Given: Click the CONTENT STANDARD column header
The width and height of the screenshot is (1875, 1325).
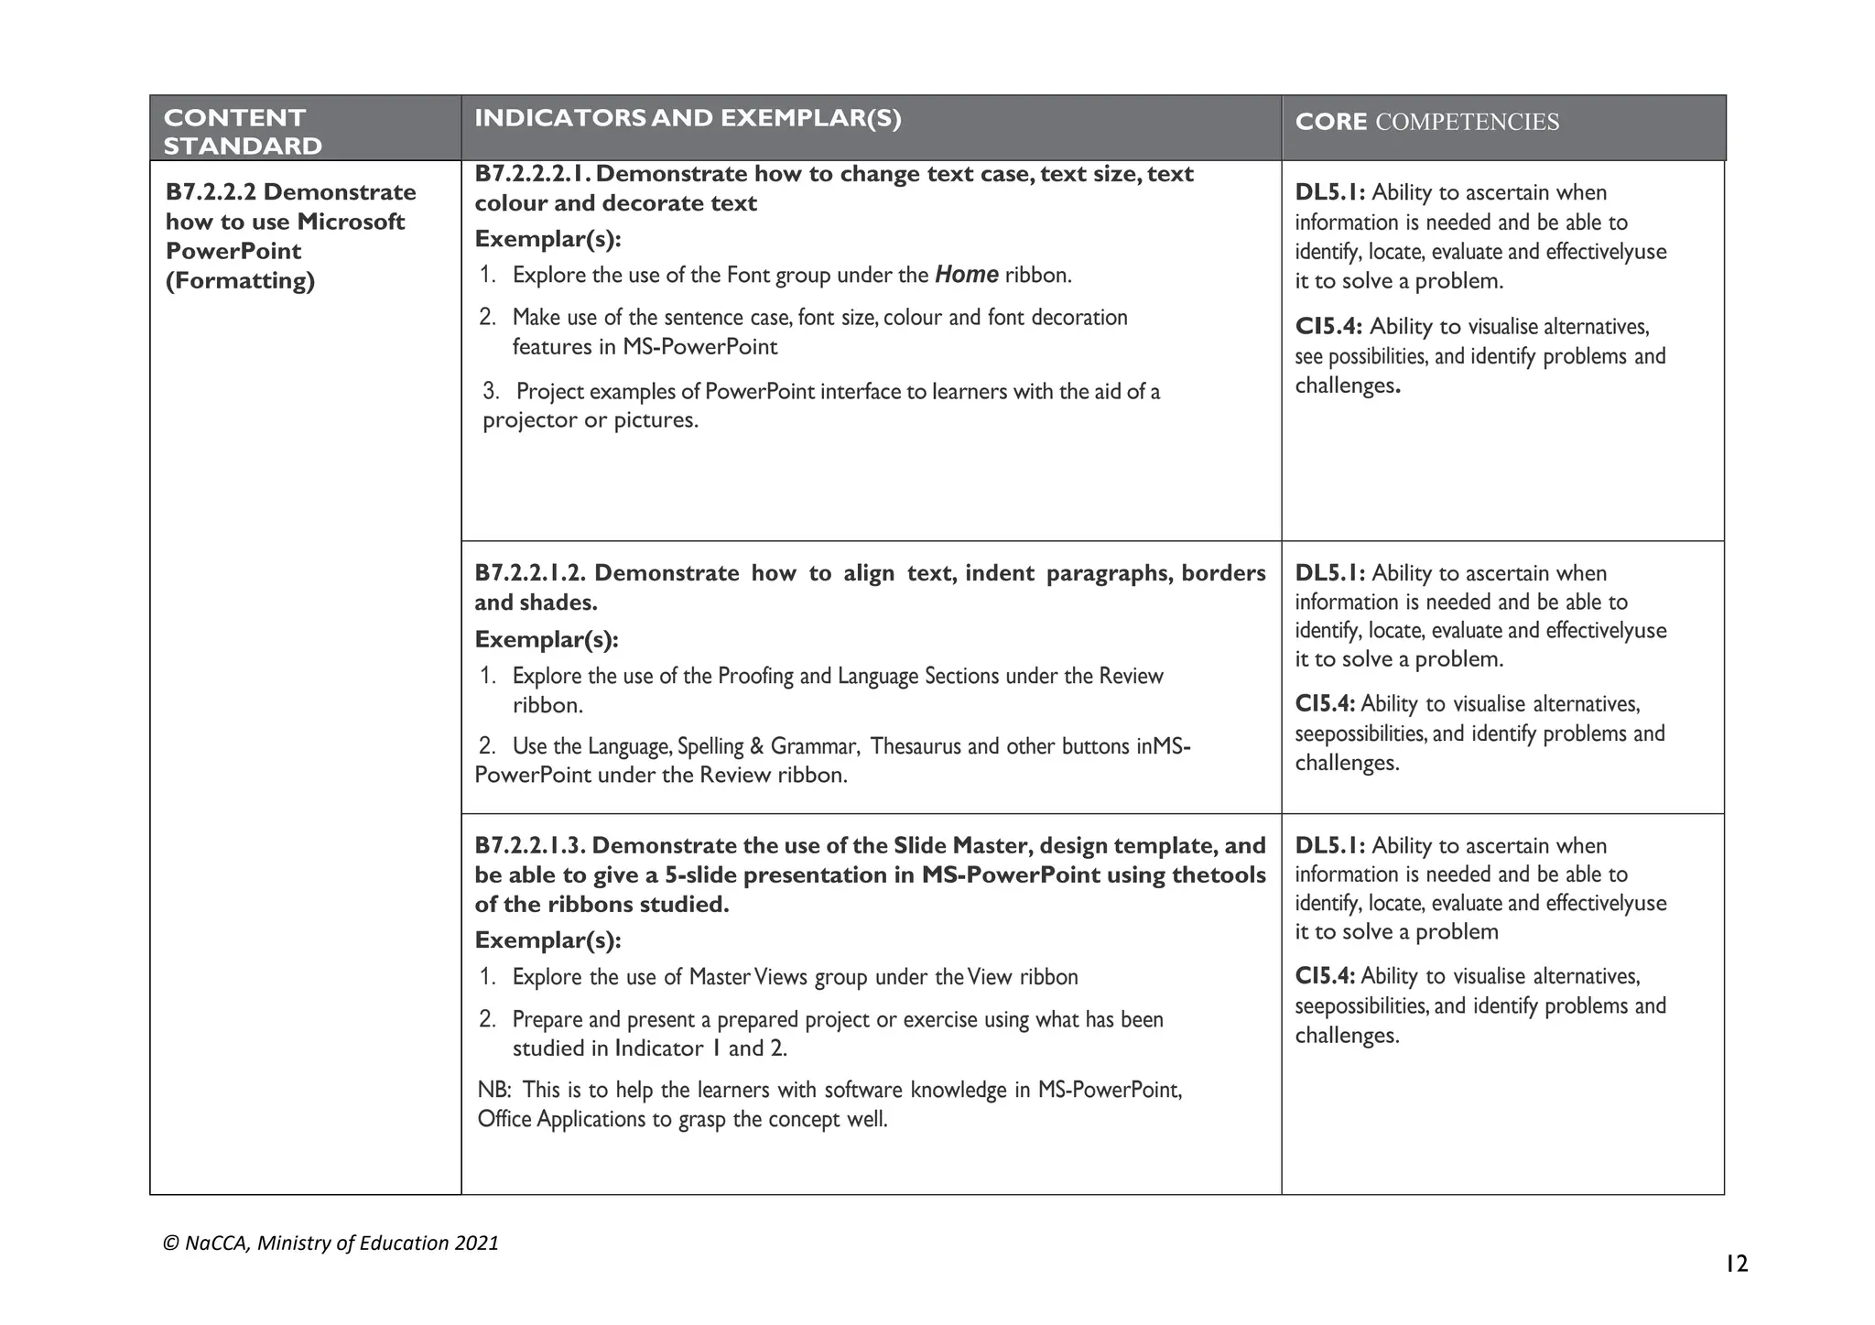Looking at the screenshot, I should pos(243,131).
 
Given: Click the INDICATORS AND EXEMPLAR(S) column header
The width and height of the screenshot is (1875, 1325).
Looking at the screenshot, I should pos(688,118).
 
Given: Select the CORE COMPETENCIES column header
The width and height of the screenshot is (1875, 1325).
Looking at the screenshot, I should pos(1426,122).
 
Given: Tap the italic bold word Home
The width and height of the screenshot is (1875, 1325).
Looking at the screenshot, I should pos(966,275).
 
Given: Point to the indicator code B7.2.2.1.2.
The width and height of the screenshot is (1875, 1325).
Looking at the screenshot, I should pos(531,573).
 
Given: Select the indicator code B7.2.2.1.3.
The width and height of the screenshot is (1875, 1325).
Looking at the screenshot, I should pos(530,845).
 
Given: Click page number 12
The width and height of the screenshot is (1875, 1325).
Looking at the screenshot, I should pos(1736,1265).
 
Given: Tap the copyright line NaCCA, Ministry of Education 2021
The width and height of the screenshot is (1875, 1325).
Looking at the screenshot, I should pos(331,1243).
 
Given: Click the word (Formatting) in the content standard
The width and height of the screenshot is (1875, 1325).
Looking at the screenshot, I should pos(240,280).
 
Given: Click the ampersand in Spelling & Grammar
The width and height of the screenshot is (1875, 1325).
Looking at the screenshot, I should pos(756,746).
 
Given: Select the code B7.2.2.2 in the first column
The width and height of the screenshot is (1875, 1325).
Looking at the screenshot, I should pos(211,192).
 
